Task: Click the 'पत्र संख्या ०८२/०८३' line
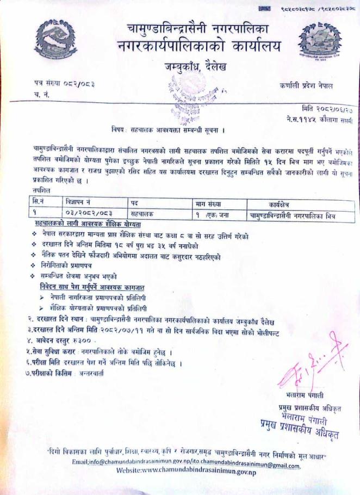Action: tap(64, 83)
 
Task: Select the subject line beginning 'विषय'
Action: tap(168, 131)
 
